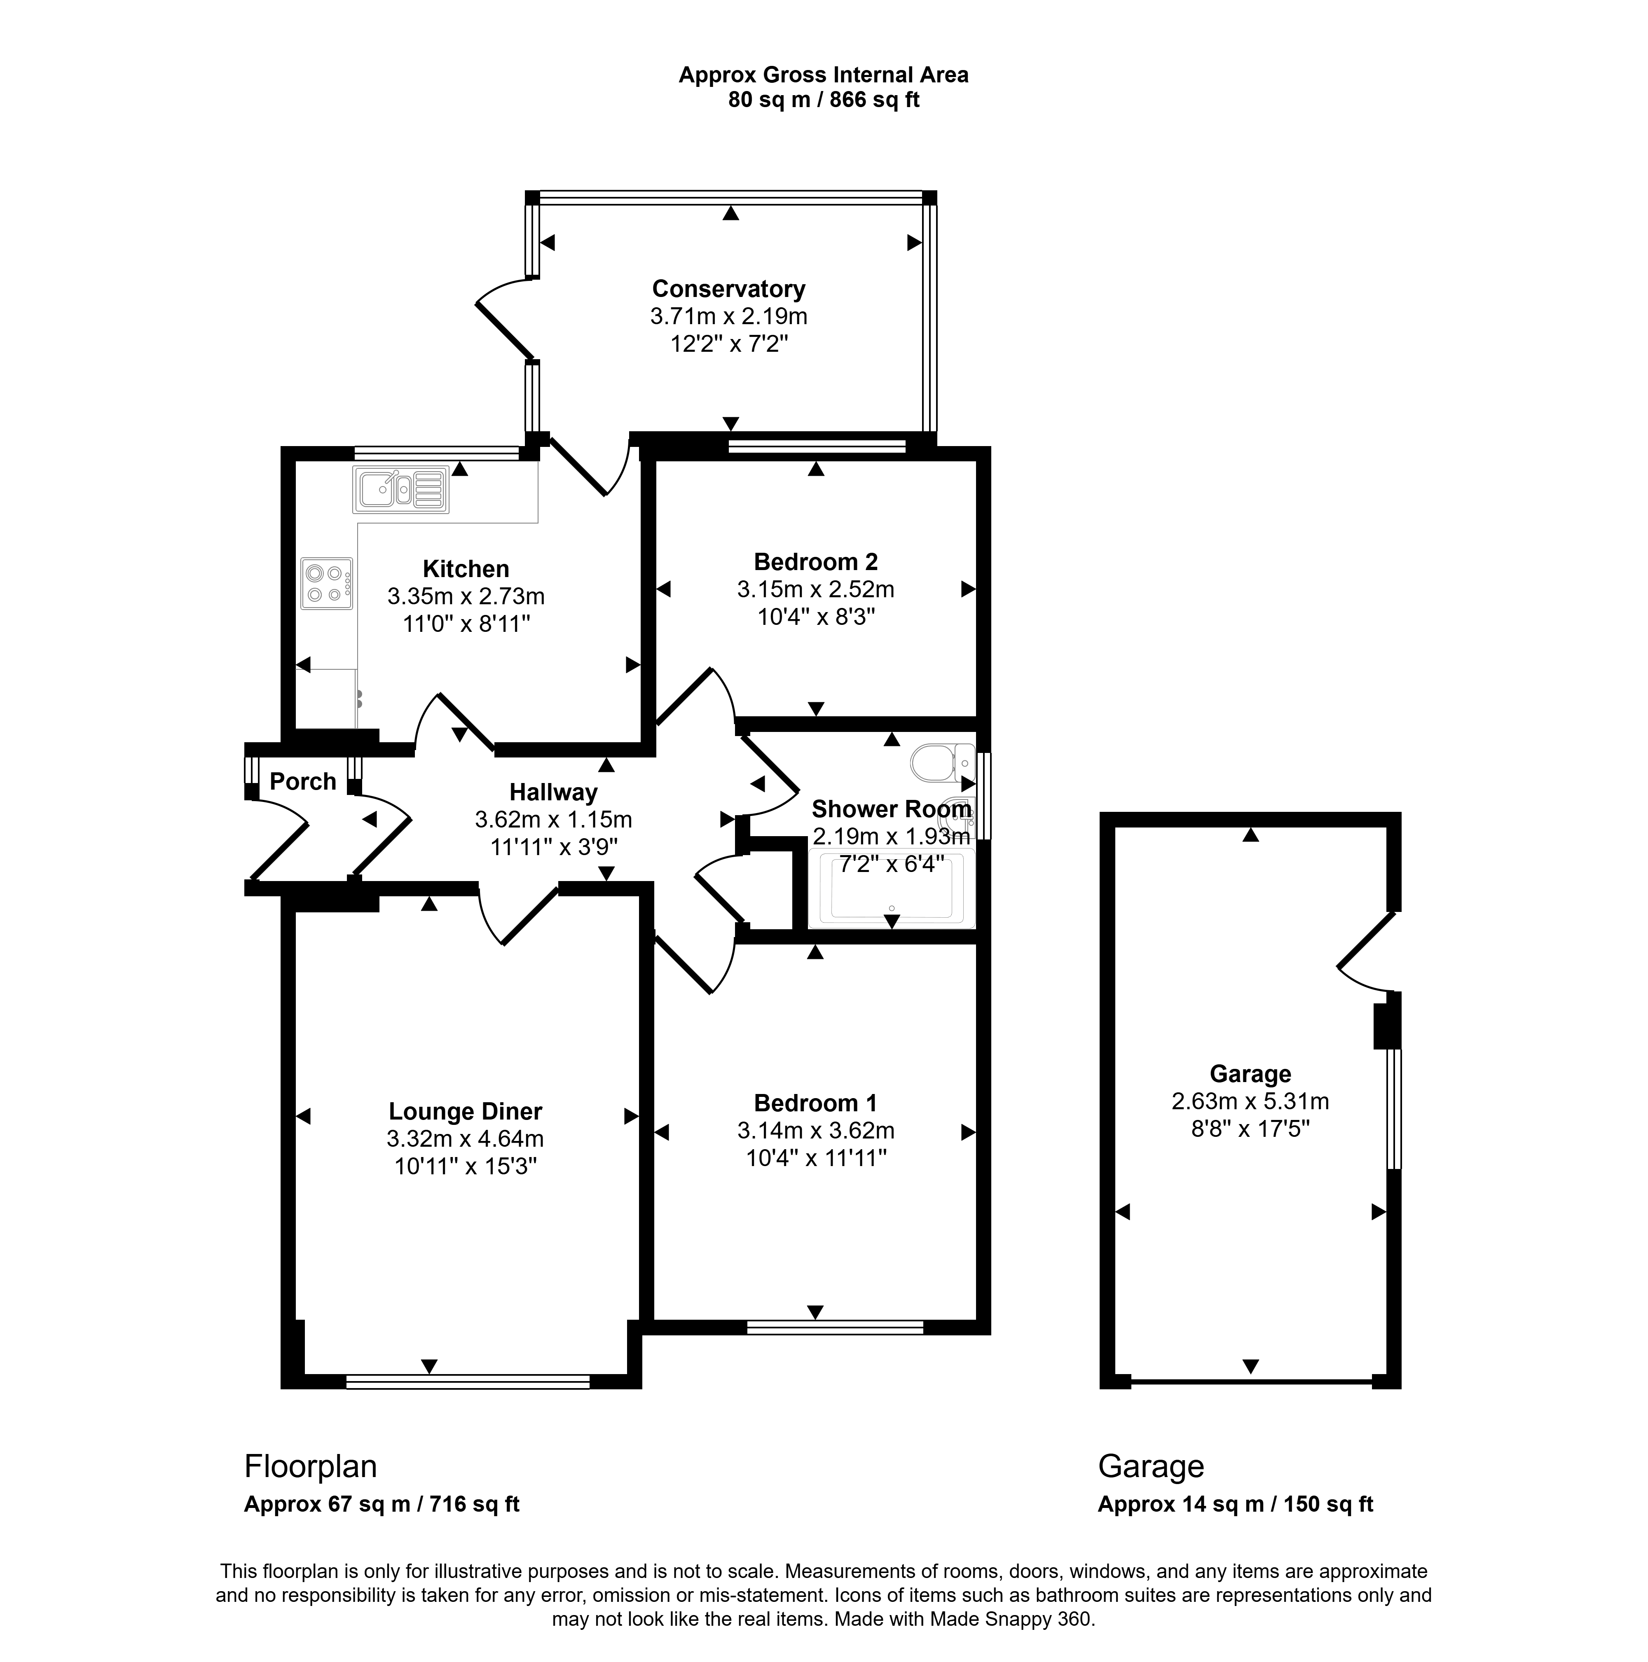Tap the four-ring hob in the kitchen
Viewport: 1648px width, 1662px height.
[x=327, y=583]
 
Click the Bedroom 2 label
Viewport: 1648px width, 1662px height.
[x=816, y=562]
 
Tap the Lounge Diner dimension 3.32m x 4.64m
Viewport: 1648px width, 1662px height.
[x=465, y=1139]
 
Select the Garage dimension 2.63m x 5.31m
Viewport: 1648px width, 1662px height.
[x=1250, y=1101]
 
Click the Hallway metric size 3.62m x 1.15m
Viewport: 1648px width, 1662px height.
[x=553, y=820]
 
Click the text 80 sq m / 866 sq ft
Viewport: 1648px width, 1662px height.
[x=824, y=100]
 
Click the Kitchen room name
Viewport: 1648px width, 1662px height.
[x=466, y=569]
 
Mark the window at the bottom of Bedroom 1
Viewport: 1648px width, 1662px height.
[x=835, y=1328]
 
